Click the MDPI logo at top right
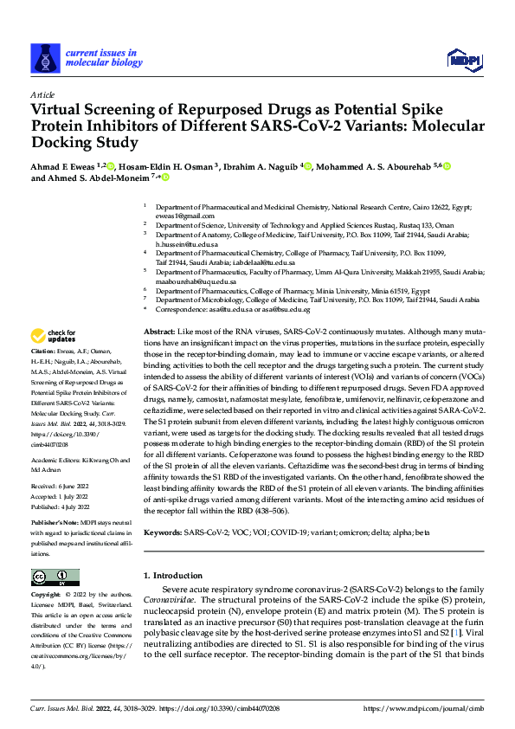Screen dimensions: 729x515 pos(460,58)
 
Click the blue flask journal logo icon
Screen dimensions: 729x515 pos(43,58)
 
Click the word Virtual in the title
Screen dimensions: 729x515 pos(60,111)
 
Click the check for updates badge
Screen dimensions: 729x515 pos(54,336)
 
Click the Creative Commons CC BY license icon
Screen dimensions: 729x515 pos(55,577)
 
